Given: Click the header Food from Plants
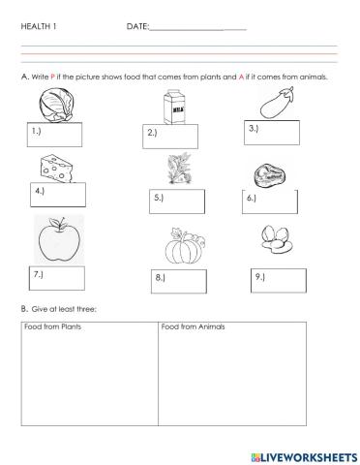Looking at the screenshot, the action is coord(52,326).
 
